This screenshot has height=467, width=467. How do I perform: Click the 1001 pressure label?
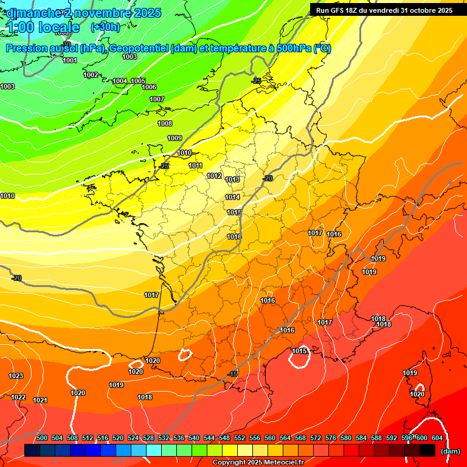click(x=70, y=60)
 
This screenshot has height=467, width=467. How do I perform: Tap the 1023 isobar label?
click(x=16, y=376)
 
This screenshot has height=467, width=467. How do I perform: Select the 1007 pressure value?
click(x=157, y=99)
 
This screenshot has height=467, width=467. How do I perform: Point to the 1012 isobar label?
click(x=214, y=176)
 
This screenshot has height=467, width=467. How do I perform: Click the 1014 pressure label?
click(x=232, y=197)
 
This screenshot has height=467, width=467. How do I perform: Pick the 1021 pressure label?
click(x=40, y=400)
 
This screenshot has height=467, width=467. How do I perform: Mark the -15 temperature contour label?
click(x=233, y=374)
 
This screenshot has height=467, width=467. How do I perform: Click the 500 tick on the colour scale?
click(x=42, y=438)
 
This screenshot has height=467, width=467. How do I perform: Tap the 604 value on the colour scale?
click(x=437, y=438)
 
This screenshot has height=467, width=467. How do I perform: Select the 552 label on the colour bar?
click(x=240, y=438)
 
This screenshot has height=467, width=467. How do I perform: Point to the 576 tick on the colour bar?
click(x=331, y=438)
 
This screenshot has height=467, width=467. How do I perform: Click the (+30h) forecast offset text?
click(x=105, y=27)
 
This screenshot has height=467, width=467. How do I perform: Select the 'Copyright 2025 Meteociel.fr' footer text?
click(x=258, y=462)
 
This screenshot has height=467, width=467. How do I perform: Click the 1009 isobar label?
click(x=175, y=138)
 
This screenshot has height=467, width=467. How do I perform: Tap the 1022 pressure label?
click(x=19, y=397)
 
